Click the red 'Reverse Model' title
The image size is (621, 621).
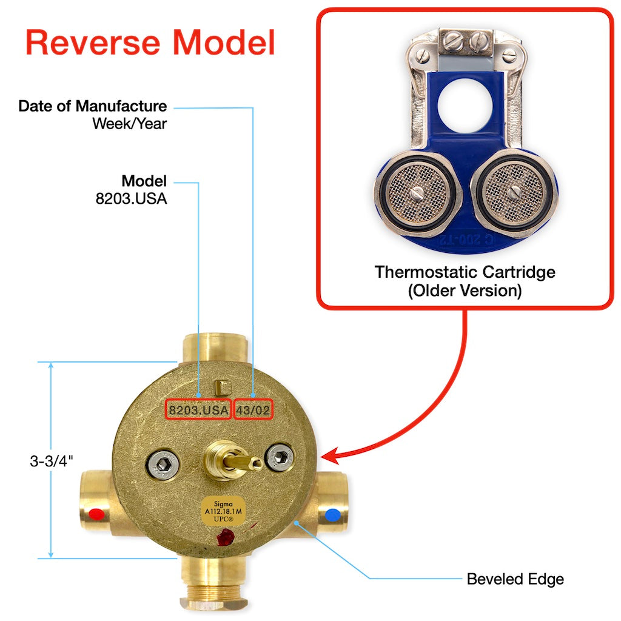tap(150, 42)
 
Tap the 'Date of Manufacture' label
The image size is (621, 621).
tap(92, 106)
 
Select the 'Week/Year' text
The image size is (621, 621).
tap(129, 124)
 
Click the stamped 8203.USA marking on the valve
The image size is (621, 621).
tap(199, 411)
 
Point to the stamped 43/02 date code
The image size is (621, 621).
tap(253, 411)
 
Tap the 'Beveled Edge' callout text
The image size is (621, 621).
tap(515, 579)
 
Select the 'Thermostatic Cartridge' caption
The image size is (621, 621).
tap(465, 271)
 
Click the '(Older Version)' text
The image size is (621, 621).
tap(465, 290)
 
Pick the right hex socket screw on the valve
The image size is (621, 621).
tap(280, 457)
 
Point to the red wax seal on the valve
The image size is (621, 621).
tap(226, 537)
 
